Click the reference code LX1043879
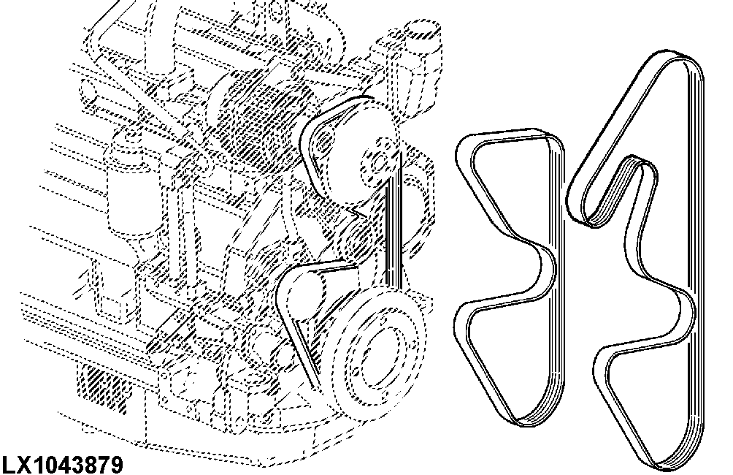point(63,465)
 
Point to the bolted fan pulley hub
point(380,161)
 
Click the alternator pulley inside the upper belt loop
point(323,142)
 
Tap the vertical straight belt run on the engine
point(393,220)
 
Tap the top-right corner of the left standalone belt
point(556,137)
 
